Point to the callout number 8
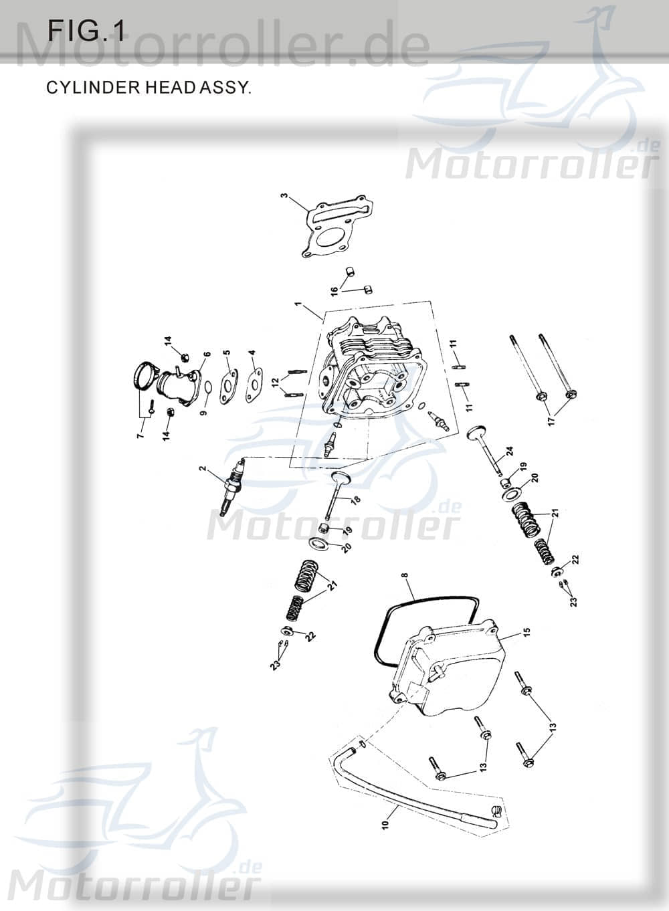[404, 575]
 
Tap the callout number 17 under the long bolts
[551, 421]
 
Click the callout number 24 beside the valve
[509, 451]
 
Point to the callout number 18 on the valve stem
[355, 500]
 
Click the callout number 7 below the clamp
[141, 435]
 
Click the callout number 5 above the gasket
[227, 352]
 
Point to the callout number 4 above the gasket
[252, 352]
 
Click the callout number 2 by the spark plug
[202, 469]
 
